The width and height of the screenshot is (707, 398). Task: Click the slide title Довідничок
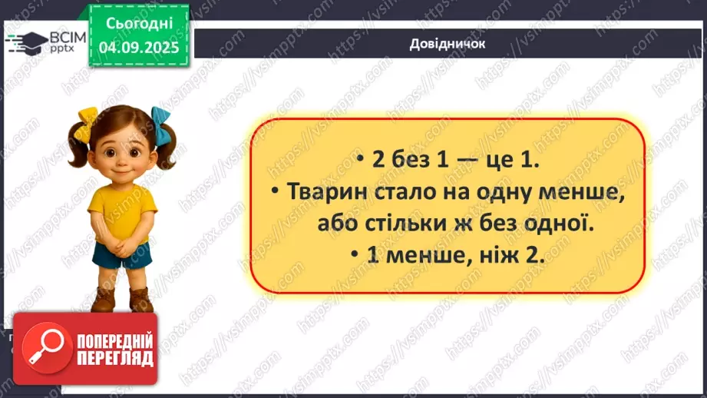pos(448,44)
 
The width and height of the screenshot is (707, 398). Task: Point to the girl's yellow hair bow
pos(84,124)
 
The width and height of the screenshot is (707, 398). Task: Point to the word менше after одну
pos(571,194)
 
